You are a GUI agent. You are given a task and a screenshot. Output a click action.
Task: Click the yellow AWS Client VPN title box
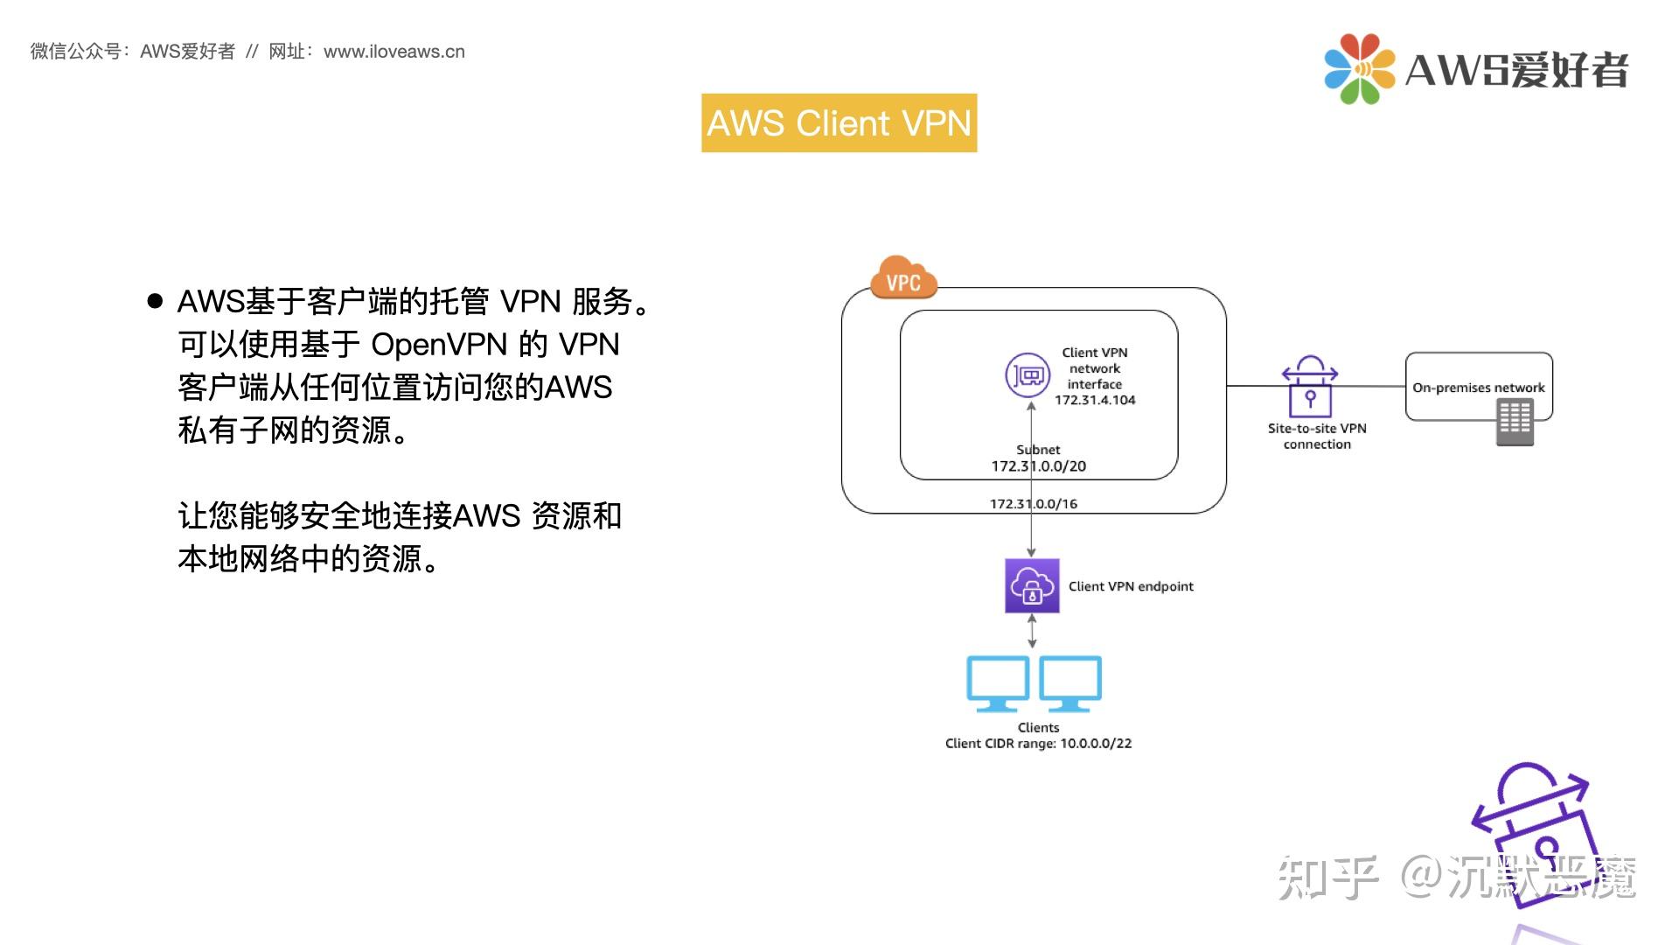[839, 123]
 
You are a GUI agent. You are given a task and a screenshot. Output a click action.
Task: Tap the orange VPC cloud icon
[903, 279]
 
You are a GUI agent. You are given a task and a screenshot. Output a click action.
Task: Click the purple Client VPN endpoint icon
[1032, 585]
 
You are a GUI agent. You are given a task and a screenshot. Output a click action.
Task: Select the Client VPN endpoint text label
[1131, 586]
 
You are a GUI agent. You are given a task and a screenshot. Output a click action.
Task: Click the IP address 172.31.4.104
[1095, 400]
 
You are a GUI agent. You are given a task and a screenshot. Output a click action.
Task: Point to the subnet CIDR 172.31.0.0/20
[1038, 466]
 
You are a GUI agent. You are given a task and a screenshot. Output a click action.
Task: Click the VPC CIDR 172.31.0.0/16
[1033, 504]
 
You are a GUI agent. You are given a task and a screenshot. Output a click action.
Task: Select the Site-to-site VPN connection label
[1317, 436]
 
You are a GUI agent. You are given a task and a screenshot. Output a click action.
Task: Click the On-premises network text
[1478, 388]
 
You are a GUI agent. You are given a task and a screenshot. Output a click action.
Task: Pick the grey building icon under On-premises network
[1515, 423]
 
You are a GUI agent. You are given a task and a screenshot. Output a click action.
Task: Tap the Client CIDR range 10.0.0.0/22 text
[1038, 744]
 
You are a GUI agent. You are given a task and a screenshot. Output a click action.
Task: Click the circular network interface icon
[1028, 375]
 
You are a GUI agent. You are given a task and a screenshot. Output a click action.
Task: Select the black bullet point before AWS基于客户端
[156, 302]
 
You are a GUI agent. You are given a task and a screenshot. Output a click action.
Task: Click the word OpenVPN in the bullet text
[439, 345]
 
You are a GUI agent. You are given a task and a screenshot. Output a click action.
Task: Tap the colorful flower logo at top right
[1359, 68]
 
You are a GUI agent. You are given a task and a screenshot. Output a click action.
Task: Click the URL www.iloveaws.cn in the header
[394, 52]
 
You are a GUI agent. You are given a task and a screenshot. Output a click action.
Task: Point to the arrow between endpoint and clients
[1032, 631]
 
